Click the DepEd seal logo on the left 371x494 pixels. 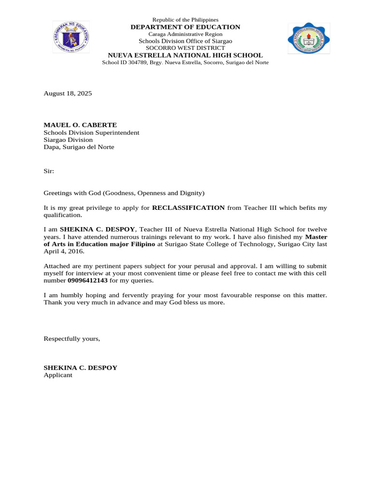71,37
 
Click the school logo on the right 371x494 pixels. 309,38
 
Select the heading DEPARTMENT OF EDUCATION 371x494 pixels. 185,27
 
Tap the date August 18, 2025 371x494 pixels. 68,93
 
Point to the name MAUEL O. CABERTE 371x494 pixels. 80,124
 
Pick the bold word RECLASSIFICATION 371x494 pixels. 188,208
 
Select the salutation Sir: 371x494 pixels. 49,171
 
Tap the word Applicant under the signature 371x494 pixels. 58,375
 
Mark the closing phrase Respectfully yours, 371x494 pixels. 72,339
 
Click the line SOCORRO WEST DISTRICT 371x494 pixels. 185,48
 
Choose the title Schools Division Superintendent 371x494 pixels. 91,132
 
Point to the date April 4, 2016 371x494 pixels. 63,251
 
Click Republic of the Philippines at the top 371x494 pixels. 185,20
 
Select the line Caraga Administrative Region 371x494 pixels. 185,34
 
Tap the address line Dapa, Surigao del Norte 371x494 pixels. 79,147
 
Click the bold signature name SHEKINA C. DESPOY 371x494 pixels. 80,368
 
